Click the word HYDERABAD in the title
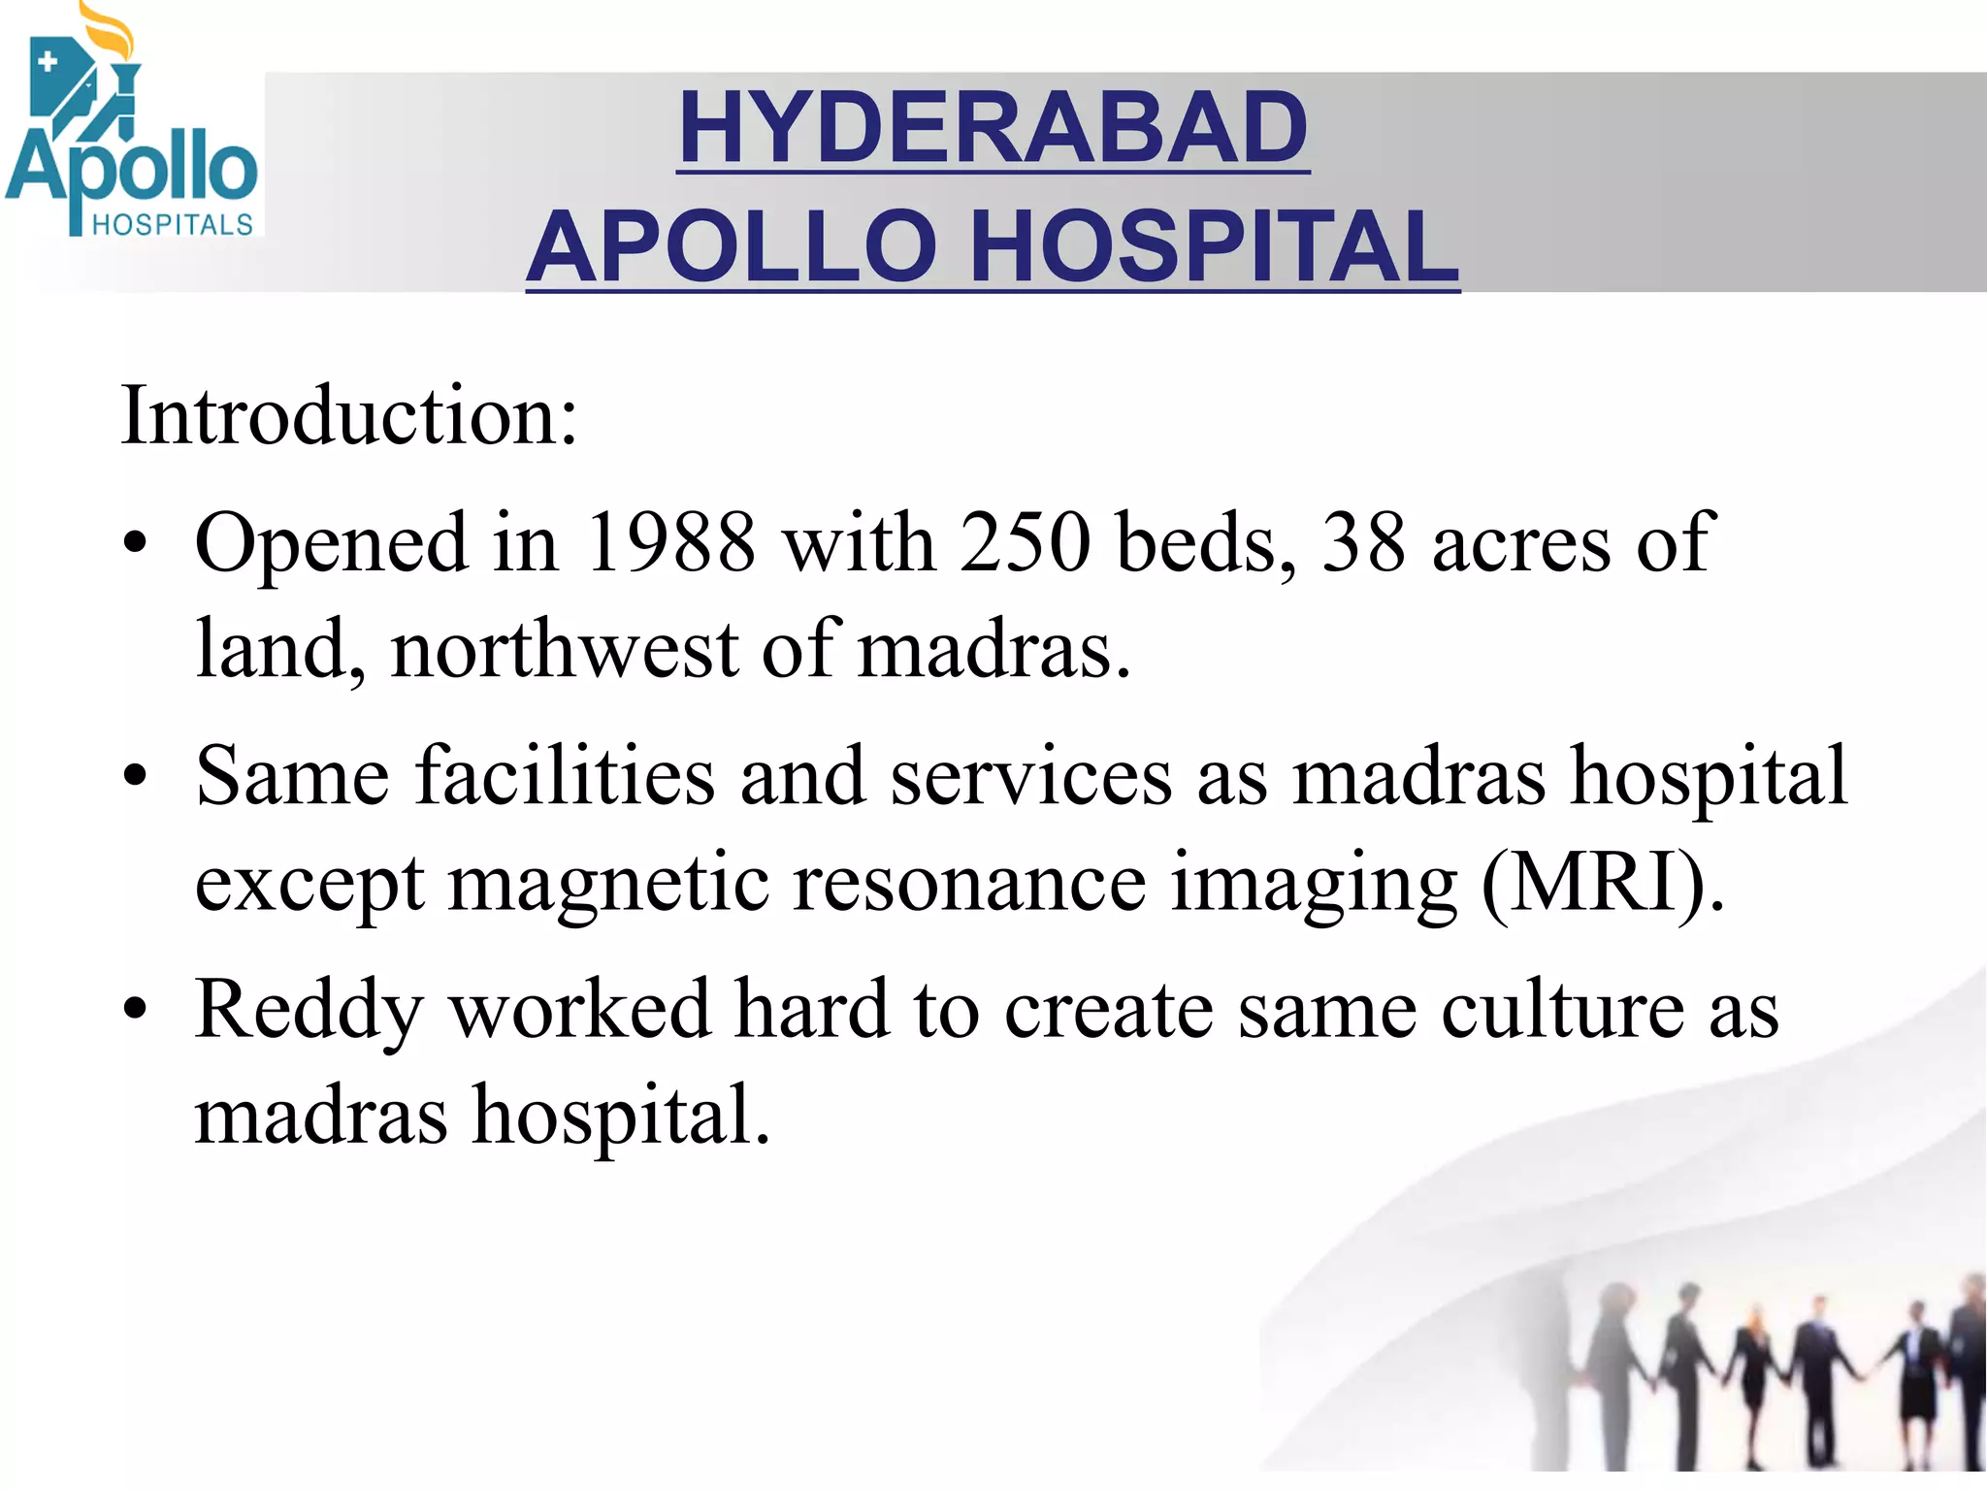pos(993,128)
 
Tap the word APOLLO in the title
pos(733,247)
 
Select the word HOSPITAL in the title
pos(1214,247)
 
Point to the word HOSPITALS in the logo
pos(172,225)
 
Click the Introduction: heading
pos(349,415)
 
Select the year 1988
pos(670,542)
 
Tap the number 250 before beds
pos(1026,542)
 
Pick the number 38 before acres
pos(1363,542)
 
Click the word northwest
pos(565,649)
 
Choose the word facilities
pos(566,776)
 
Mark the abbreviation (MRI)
pos(1601,882)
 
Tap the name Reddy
pos(309,1010)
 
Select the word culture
pos(1562,1010)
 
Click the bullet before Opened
pos(135,544)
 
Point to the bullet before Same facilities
pos(135,777)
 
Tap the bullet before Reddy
pos(135,1010)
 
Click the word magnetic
pos(608,882)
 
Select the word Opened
pos(331,542)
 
